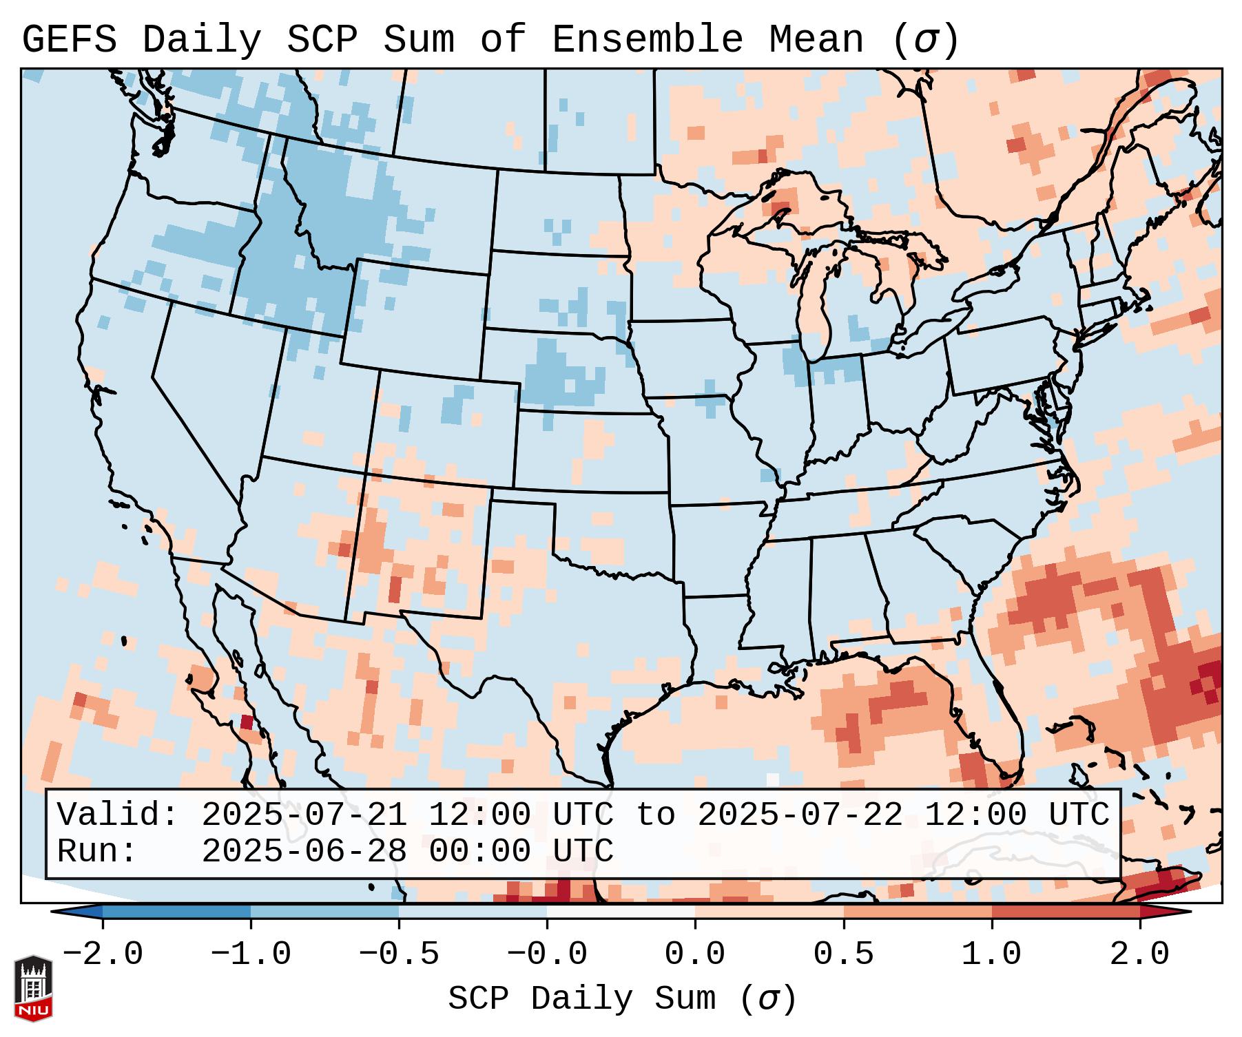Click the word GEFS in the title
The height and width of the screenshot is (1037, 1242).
tap(69, 39)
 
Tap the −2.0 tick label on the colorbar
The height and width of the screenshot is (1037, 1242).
tap(103, 954)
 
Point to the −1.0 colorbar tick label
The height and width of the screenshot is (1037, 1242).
tap(251, 954)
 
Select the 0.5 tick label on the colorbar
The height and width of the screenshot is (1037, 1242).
tap(843, 954)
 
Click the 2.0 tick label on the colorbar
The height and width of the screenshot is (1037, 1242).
tap(1139, 954)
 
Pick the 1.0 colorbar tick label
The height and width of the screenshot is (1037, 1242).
tap(991, 954)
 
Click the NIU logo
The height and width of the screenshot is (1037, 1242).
tap(33, 987)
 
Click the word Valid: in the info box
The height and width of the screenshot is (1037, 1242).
tap(118, 815)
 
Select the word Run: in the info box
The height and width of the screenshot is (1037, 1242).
tap(97, 851)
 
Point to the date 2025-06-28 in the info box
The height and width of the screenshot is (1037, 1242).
tap(304, 851)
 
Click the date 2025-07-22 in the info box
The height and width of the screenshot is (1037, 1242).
tap(800, 815)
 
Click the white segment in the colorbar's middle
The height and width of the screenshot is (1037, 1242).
tap(621, 912)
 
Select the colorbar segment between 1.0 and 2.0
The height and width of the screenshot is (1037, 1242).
tap(1066, 912)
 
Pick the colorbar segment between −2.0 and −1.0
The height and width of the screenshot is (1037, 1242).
tap(176, 912)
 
